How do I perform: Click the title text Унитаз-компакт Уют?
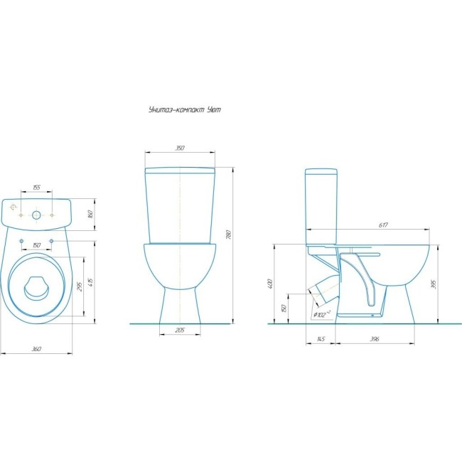click(185, 110)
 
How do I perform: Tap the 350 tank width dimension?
click(180, 148)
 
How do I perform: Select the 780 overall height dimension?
click(229, 235)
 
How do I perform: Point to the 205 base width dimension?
click(180, 331)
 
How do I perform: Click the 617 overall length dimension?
click(383, 225)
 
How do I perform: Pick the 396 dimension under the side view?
click(375, 339)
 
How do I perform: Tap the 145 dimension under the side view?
click(321, 339)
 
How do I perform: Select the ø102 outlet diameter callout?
click(322, 314)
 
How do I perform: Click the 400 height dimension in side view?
click(271, 284)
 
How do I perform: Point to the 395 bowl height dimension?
click(433, 284)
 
